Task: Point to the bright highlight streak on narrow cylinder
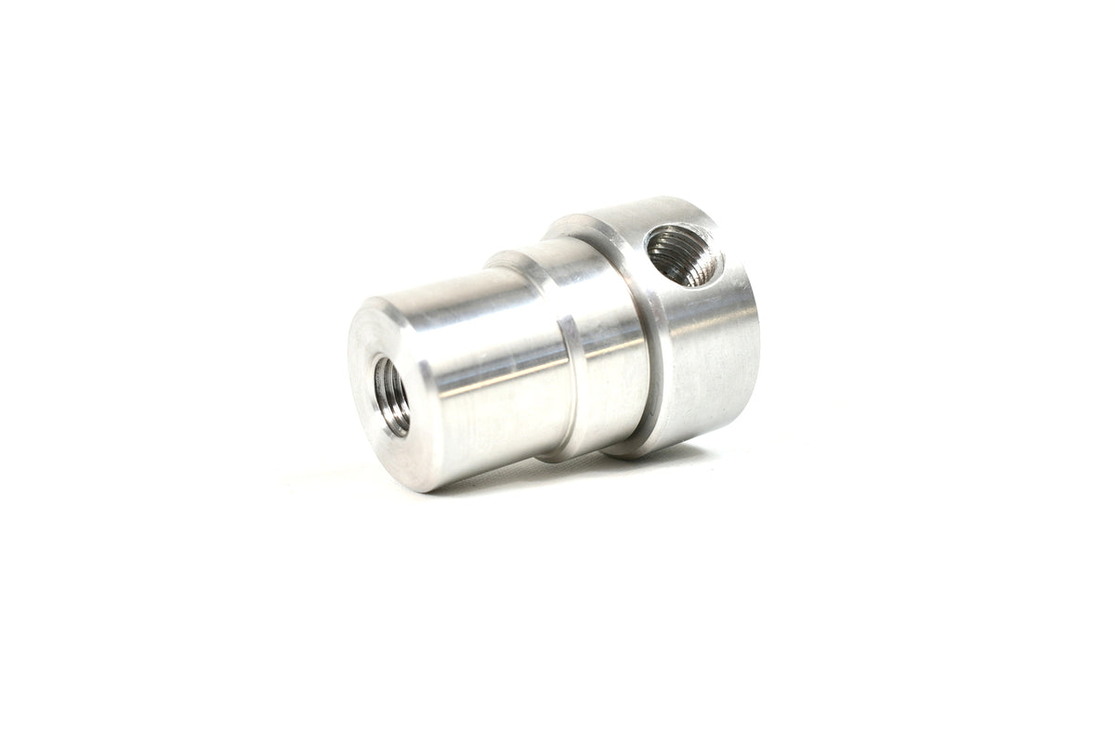pos(492,367)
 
